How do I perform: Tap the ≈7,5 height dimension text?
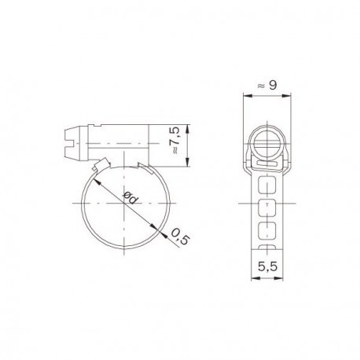[x=178, y=138]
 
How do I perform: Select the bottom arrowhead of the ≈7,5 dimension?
[x=189, y=163]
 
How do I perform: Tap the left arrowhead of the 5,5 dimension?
[x=254, y=277]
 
